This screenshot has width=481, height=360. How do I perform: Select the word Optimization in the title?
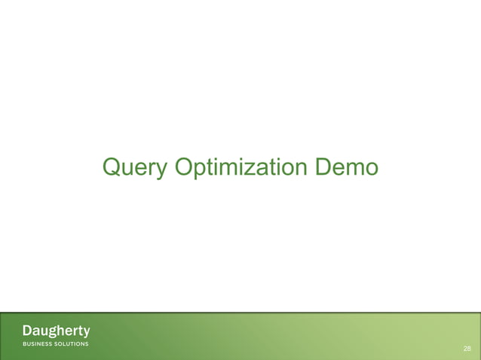tap(241, 167)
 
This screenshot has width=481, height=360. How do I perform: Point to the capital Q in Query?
tap(112, 166)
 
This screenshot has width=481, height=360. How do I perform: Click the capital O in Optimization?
tap(185, 166)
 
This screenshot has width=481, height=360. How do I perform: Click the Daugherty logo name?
tap(56, 331)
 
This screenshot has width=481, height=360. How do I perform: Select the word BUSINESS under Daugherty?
tap(38, 343)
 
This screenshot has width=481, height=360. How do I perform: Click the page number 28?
tap(467, 349)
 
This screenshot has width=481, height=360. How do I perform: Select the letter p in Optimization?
tap(201, 170)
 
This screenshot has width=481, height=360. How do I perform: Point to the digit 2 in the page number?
tap(465, 349)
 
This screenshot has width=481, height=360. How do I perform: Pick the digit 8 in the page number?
tap(470, 349)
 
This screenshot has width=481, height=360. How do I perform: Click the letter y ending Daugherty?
tap(86, 333)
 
